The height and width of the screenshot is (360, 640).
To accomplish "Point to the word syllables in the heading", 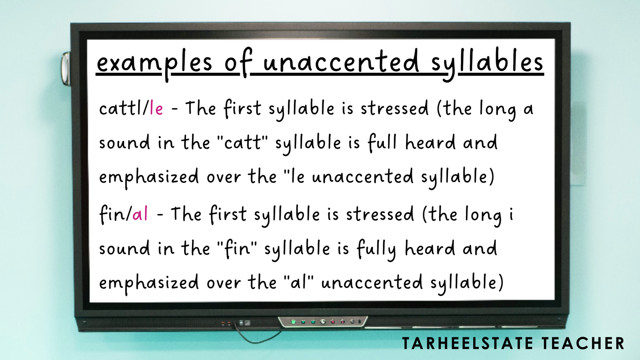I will [x=487, y=63].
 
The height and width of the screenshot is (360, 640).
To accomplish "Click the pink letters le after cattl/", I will [x=156, y=108].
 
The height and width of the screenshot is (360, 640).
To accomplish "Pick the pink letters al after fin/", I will [x=140, y=214].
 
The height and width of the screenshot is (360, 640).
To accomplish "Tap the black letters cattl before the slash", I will [x=121, y=108].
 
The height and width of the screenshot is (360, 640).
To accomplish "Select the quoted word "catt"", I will [x=242, y=142].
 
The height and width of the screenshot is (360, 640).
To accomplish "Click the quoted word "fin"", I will [x=237, y=248].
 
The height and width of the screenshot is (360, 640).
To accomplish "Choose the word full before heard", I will [x=382, y=142].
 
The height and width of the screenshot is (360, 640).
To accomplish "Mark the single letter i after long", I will [x=511, y=214].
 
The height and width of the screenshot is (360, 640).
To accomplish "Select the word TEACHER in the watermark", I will [x=583, y=343].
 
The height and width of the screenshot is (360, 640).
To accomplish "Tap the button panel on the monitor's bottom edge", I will [x=323, y=322].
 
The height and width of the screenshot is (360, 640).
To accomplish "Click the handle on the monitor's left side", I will [x=66, y=68].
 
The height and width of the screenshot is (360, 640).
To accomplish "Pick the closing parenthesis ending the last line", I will [x=500, y=283].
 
